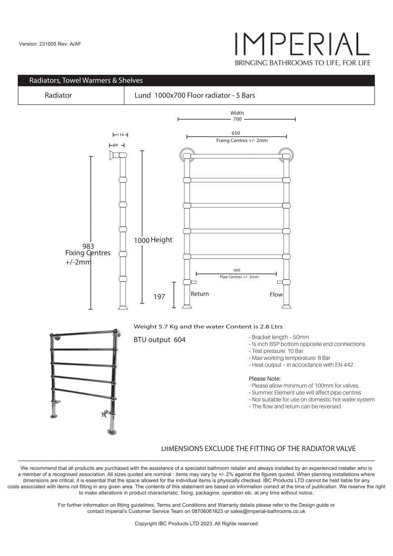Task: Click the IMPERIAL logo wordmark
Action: pyautogui.click(x=302, y=44)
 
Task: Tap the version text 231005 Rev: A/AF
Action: pyautogui.click(x=49, y=44)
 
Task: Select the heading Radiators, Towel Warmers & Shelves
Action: pyautogui.click(x=86, y=80)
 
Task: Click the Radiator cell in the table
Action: pyautogui.click(x=58, y=96)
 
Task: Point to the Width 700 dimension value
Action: pyautogui.click(x=237, y=119)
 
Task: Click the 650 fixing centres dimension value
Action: pyautogui.click(x=237, y=133)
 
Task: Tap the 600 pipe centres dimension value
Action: pyautogui.click(x=237, y=270)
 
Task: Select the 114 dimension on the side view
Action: pyautogui.click(x=120, y=135)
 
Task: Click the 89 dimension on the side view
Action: pyautogui.click(x=115, y=145)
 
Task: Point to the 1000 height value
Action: pyautogui.click(x=142, y=240)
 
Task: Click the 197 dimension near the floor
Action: pyautogui.click(x=159, y=297)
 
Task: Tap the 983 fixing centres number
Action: pyautogui.click(x=88, y=246)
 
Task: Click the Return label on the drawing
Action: pyautogui.click(x=200, y=294)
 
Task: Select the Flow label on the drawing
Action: pyautogui.click(x=276, y=295)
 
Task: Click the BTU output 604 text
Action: pyautogui.click(x=159, y=340)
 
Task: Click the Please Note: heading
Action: pyautogui.click(x=265, y=379)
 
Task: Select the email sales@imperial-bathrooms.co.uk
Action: pyautogui.click(x=267, y=511)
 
